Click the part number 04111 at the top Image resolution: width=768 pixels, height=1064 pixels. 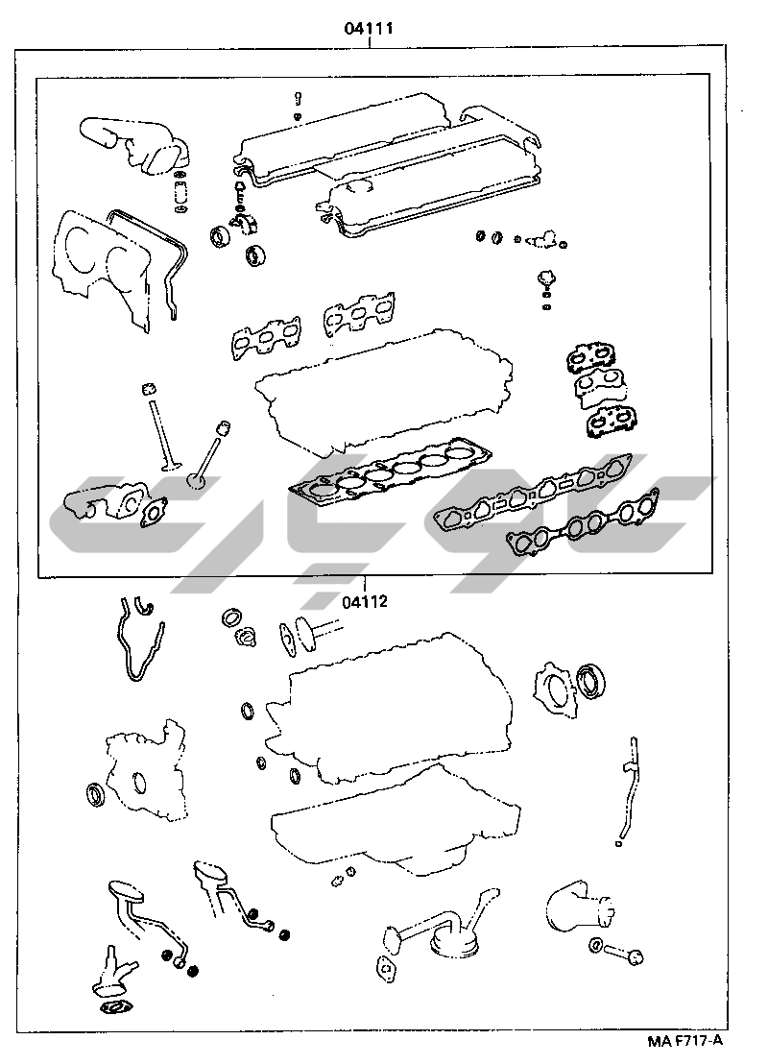click(369, 29)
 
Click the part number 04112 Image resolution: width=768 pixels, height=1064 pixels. click(365, 601)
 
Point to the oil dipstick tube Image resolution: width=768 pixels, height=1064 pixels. click(626, 790)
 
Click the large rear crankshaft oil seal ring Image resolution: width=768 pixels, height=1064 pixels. click(592, 681)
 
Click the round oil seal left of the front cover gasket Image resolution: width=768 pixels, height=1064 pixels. click(96, 794)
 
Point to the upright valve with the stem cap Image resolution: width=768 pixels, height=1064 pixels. click(160, 427)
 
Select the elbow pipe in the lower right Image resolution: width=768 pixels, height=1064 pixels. click(579, 909)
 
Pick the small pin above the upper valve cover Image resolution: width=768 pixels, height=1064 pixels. click(298, 99)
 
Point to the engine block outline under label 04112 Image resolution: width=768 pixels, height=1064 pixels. click(387, 710)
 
